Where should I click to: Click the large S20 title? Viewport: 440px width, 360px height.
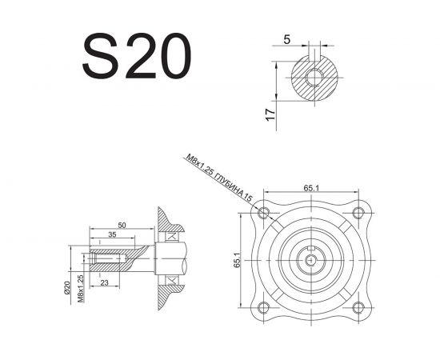pyautogui.click(x=137, y=56)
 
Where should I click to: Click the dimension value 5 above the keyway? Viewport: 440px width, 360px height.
pyautogui.click(x=286, y=40)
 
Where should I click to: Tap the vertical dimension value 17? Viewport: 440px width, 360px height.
pyautogui.click(x=270, y=114)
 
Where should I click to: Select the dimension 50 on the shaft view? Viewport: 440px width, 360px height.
pyautogui.click(x=122, y=225)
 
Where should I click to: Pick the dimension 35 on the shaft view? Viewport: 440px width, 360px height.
pyautogui.click(x=112, y=234)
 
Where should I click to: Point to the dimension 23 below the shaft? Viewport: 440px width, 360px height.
pyautogui.click(x=104, y=283)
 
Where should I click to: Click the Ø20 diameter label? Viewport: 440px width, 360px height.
pyautogui.click(x=66, y=288)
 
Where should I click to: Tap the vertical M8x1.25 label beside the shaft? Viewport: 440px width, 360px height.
pyautogui.click(x=81, y=289)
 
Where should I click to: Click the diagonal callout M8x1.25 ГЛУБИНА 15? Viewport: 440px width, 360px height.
pyautogui.click(x=219, y=178)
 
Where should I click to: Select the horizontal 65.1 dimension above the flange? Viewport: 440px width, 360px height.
pyautogui.click(x=311, y=188)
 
